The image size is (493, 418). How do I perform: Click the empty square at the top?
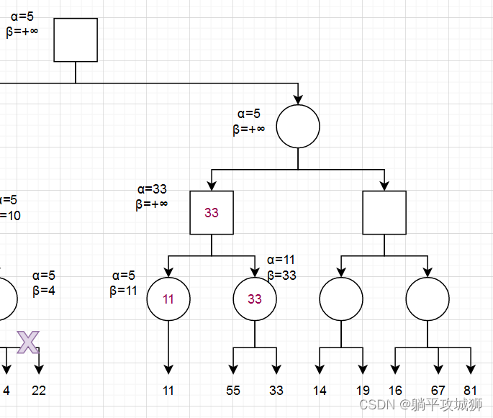click(x=76, y=40)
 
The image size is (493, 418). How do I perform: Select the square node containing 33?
click(x=212, y=212)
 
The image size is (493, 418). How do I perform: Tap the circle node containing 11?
click(x=168, y=299)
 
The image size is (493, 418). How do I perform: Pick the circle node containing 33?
click(x=255, y=299)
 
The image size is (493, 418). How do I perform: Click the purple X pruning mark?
click(x=27, y=342)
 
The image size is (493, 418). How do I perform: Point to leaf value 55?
click(x=233, y=391)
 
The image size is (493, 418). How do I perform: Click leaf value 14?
click(x=320, y=391)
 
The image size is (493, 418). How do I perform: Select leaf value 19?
click(x=362, y=391)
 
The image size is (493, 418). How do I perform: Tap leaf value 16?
click(x=395, y=391)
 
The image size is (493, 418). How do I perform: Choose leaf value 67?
click(x=438, y=391)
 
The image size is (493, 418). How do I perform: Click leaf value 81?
click(x=471, y=391)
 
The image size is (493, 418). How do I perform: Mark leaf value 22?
click(x=39, y=391)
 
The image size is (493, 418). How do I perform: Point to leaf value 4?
click(x=6, y=391)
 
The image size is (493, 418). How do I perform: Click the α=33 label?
click(x=152, y=189)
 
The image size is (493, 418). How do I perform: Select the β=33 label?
click(x=281, y=275)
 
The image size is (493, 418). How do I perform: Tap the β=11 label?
click(x=123, y=291)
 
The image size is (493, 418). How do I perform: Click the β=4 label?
click(x=43, y=291)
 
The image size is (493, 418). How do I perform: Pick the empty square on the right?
click(x=384, y=212)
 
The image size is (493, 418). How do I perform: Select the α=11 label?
click(x=281, y=260)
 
